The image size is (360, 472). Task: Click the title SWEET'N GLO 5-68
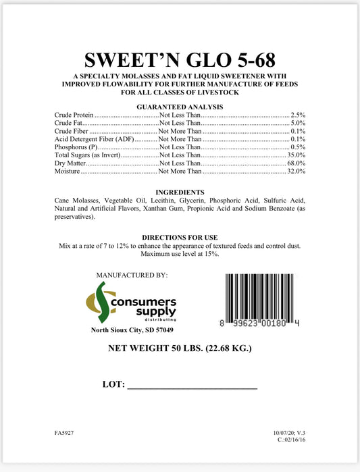[x=180, y=59]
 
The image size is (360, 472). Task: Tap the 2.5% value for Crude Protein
[x=297, y=115]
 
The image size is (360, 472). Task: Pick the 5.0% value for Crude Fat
[x=297, y=124]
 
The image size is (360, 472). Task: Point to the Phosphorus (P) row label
[x=76, y=147]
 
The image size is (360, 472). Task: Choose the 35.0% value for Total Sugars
[x=295, y=155]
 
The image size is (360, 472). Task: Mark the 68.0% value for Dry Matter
[x=295, y=163]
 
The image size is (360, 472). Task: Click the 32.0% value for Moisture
[x=295, y=172]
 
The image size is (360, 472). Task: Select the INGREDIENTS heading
[x=180, y=192]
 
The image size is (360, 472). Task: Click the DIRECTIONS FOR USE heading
[x=180, y=237]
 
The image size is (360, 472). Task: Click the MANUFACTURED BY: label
[x=132, y=276]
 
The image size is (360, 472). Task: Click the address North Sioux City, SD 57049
[x=132, y=330]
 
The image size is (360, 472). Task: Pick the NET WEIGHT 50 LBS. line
[x=180, y=349]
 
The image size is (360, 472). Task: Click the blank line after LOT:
[x=192, y=387]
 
